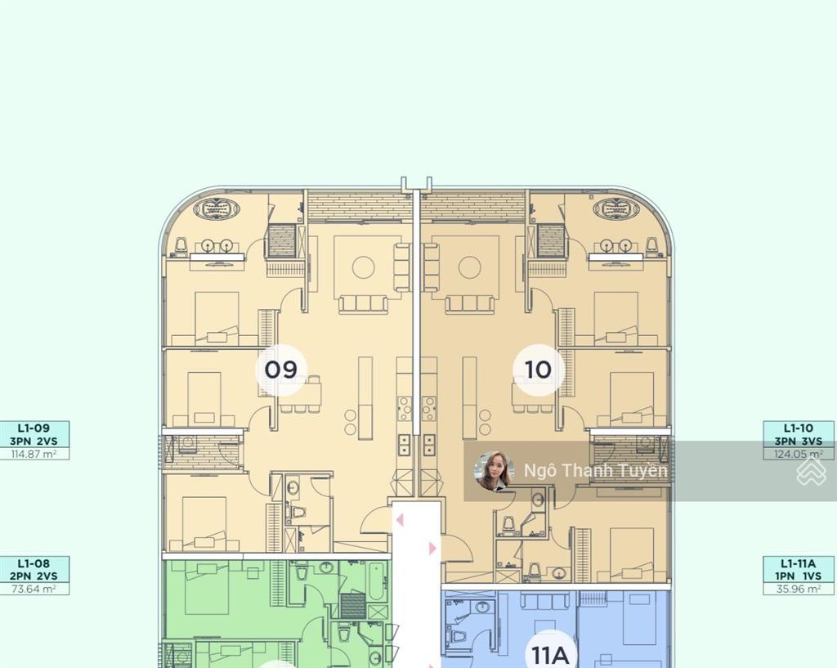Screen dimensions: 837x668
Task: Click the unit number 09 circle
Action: coord(280,370)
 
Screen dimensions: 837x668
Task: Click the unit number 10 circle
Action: coord(538,370)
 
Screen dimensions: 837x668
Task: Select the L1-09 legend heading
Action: coord(34,428)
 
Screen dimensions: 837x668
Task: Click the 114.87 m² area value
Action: coord(34,454)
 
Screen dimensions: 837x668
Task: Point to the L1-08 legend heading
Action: coord(34,563)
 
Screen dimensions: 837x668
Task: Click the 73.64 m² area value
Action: coord(34,589)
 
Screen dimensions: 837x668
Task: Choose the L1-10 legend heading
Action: coord(799,428)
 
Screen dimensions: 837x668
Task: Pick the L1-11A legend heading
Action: coord(799,563)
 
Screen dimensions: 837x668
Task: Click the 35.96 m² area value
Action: coord(799,589)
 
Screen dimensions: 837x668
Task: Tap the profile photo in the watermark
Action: coord(494,470)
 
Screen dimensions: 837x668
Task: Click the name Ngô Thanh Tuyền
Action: coord(595,470)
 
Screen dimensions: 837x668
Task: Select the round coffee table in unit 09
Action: coord(364,267)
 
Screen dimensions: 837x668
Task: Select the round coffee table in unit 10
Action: coord(469,267)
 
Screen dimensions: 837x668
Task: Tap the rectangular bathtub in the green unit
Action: coord(376,581)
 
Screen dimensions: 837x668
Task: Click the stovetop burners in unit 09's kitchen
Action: coord(405,409)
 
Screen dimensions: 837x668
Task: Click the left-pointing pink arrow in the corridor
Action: coord(399,520)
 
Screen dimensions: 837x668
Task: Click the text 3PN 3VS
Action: coord(799,441)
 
